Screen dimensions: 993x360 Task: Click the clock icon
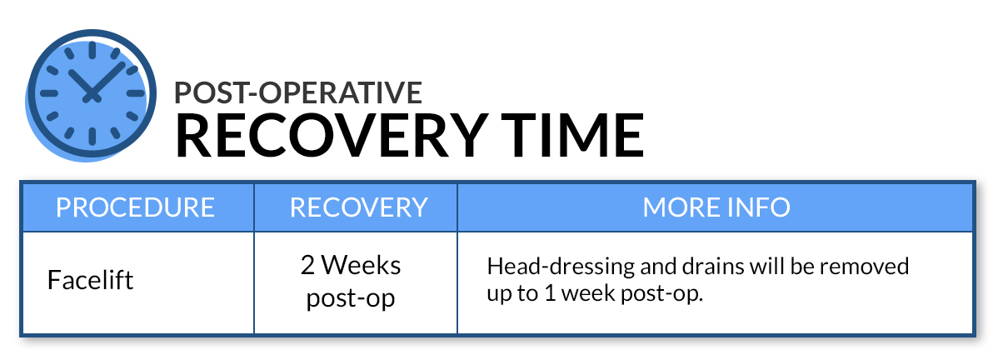[91, 94]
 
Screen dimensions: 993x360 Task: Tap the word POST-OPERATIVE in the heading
[298, 92]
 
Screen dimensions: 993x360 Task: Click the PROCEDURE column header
[136, 207]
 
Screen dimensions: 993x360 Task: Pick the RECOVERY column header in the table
[358, 207]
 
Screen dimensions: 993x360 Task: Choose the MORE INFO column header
[716, 207]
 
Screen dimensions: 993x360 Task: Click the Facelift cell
[91, 279]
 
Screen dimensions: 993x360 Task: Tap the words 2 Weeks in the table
[351, 265]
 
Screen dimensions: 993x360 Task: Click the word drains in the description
[708, 266]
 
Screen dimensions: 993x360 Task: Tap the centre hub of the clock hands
[92, 96]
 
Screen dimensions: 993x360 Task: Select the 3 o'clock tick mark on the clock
[136, 94]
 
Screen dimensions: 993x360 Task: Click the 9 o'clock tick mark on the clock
[49, 94]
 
